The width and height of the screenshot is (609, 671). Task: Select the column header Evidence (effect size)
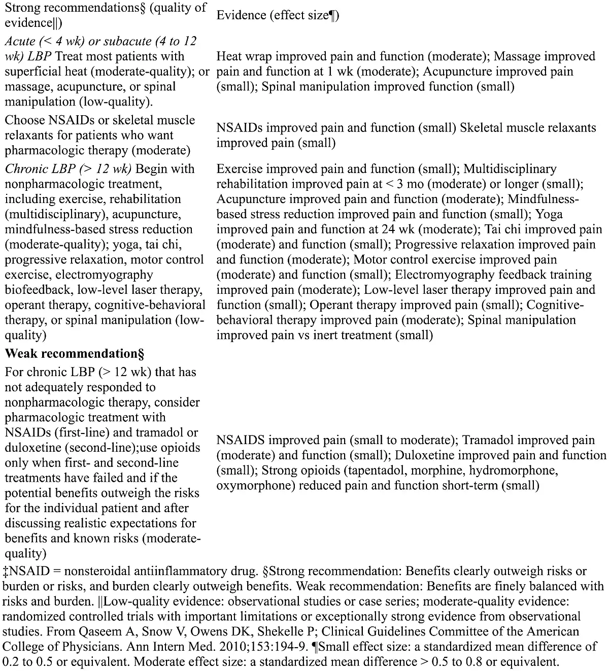pyautogui.click(x=278, y=15)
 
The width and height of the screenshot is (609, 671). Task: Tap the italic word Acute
pyautogui.click(x=20, y=41)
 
